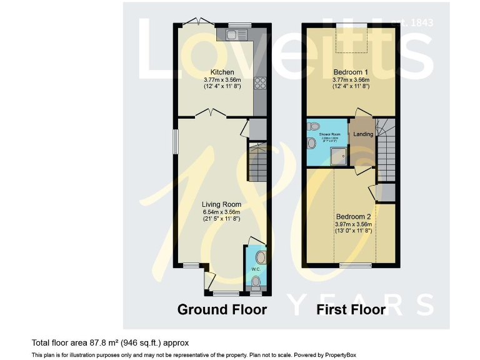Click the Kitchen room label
point(222,72)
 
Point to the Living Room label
point(221,204)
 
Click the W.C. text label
point(256,269)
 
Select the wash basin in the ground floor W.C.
point(260,256)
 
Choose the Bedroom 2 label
point(353,216)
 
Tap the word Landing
point(363,134)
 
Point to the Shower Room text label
point(330,134)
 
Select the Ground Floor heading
point(222,309)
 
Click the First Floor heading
point(351,309)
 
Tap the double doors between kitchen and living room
point(210,113)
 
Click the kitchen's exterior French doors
point(197,22)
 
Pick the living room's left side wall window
point(175,144)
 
